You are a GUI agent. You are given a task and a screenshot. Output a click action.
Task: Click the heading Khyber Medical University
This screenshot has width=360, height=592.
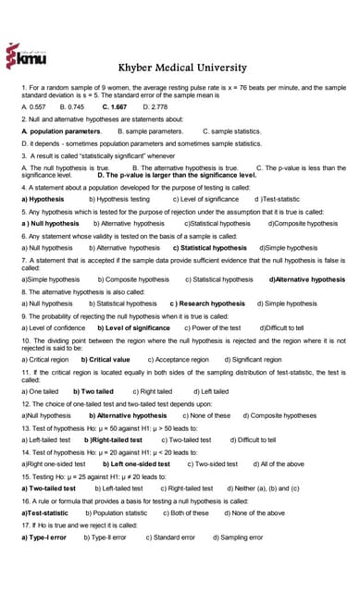(180, 68)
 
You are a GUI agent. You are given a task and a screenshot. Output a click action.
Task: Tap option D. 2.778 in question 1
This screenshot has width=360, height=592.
(153, 107)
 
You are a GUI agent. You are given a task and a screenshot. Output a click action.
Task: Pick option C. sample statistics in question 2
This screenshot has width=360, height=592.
(232, 131)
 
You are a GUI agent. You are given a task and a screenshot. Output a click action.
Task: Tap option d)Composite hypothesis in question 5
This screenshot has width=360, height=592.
(303, 223)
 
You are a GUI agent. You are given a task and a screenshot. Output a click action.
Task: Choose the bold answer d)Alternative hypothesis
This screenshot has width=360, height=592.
(306, 278)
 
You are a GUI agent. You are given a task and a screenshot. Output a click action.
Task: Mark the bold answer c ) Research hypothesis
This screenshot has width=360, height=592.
(207, 302)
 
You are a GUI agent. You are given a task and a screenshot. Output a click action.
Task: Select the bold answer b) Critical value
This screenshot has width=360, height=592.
(106, 358)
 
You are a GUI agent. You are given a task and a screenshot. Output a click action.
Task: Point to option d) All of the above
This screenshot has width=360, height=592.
(281, 462)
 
